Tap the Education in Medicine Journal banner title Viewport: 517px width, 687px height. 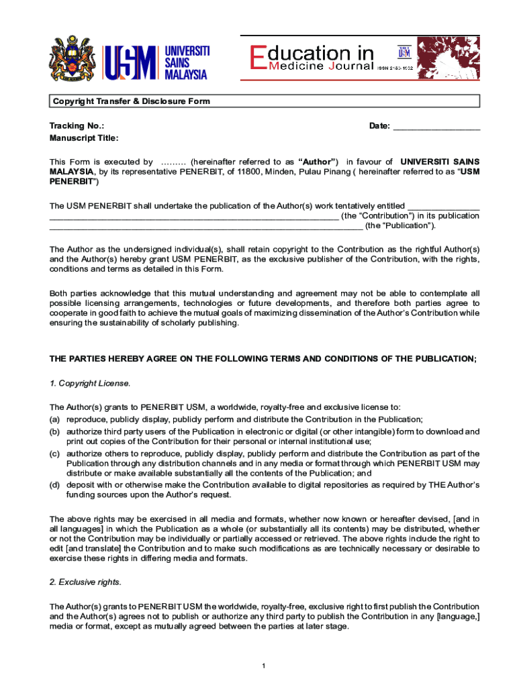(312, 58)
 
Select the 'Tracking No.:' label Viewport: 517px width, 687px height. (77, 125)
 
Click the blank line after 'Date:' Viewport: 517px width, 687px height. (436, 126)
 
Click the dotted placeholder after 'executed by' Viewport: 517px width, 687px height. (172, 162)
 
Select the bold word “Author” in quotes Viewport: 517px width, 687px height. (318, 162)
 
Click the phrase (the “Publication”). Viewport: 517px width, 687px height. (400, 225)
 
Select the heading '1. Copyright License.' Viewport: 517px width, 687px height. (90, 383)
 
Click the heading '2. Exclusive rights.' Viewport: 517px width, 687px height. (85, 582)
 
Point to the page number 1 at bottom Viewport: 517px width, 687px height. (265, 666)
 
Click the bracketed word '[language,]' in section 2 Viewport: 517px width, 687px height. (458, 616)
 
